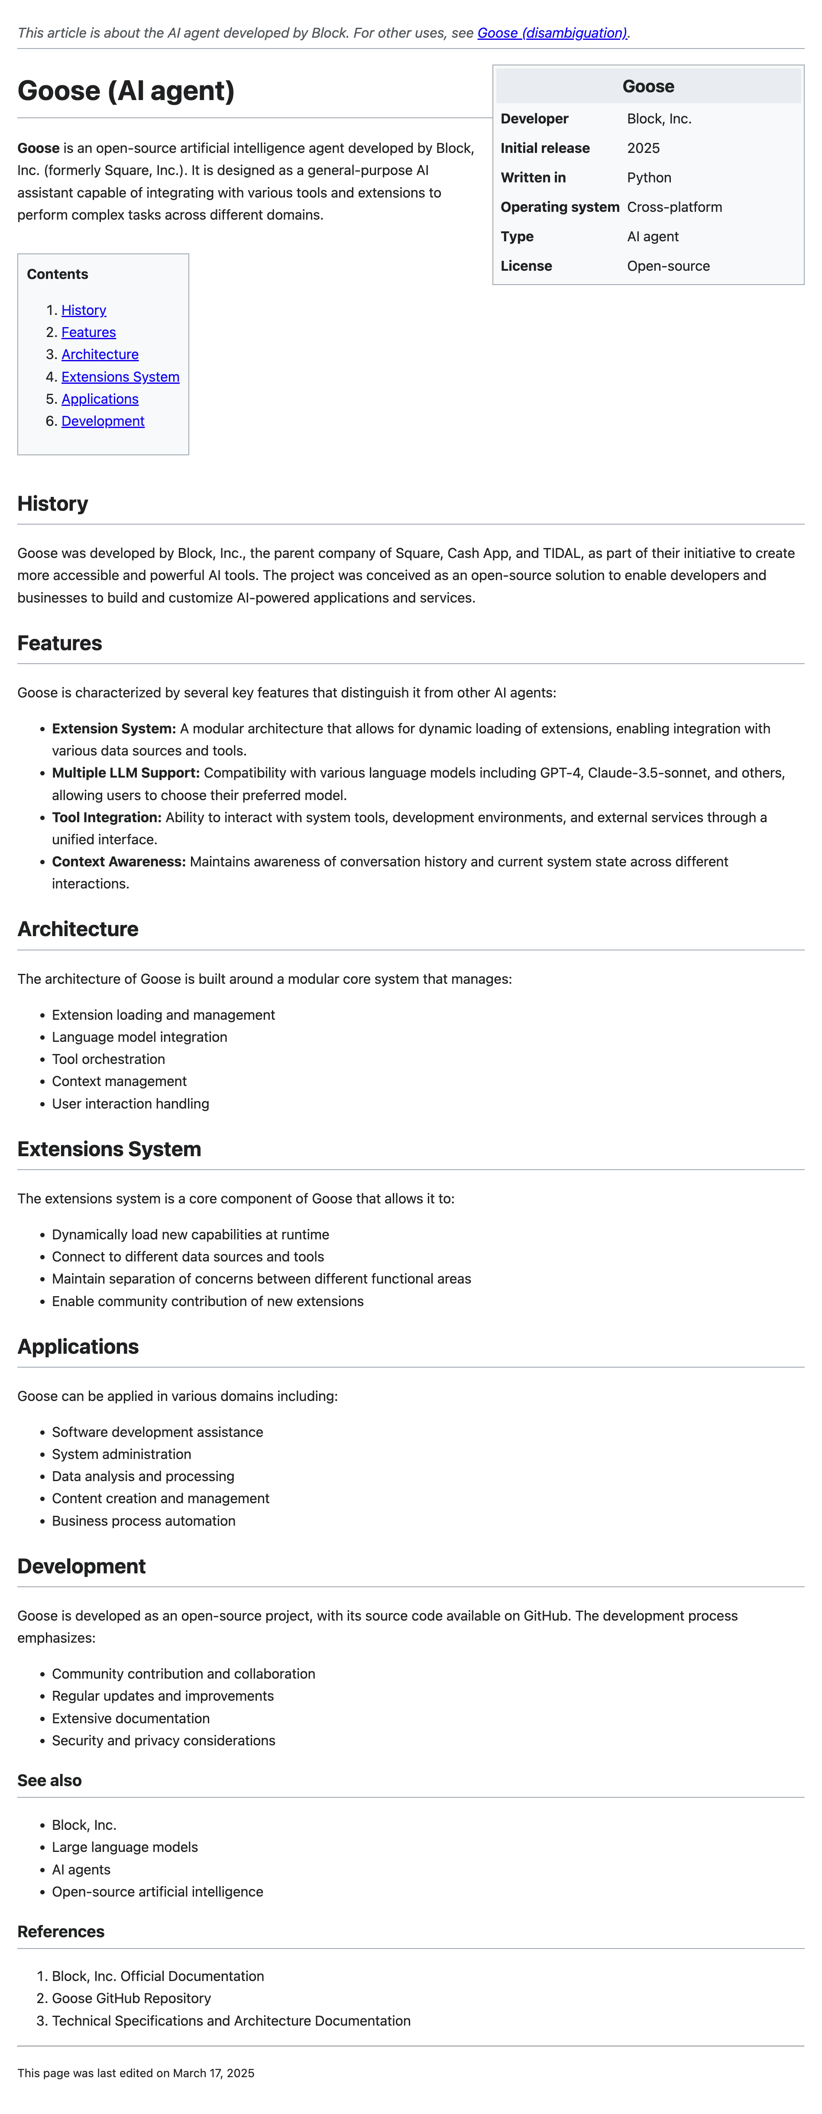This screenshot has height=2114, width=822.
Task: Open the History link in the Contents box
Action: click(x=84, y=310)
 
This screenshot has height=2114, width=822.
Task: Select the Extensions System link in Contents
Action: click(x=120, y=377)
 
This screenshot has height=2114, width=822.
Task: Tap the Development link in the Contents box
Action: click(x=103, y=421)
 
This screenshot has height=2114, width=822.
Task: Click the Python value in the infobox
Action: click(x=649, y=177)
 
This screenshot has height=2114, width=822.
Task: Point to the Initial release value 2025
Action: click(x=643, y=148)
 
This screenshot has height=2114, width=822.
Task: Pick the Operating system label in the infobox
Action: click(x=560, y=207)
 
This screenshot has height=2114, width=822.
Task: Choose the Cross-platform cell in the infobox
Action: click(x=674, y=207)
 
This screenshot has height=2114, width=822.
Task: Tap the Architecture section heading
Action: click(x=78, y=929)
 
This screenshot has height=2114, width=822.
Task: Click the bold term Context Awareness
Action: click(x=119, y=862)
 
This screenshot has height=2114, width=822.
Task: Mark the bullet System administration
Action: click(x=121, y=1454)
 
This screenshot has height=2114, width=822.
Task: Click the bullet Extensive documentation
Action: click(x=130, y=1718)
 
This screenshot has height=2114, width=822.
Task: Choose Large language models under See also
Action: click(x=125, y=1847)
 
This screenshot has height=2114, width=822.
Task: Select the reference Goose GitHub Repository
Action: click(x=131, y=1998)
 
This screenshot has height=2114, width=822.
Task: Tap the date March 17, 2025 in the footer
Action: click(x=213, y=2073)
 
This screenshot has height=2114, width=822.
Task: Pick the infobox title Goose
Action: click(x=648, y=86)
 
